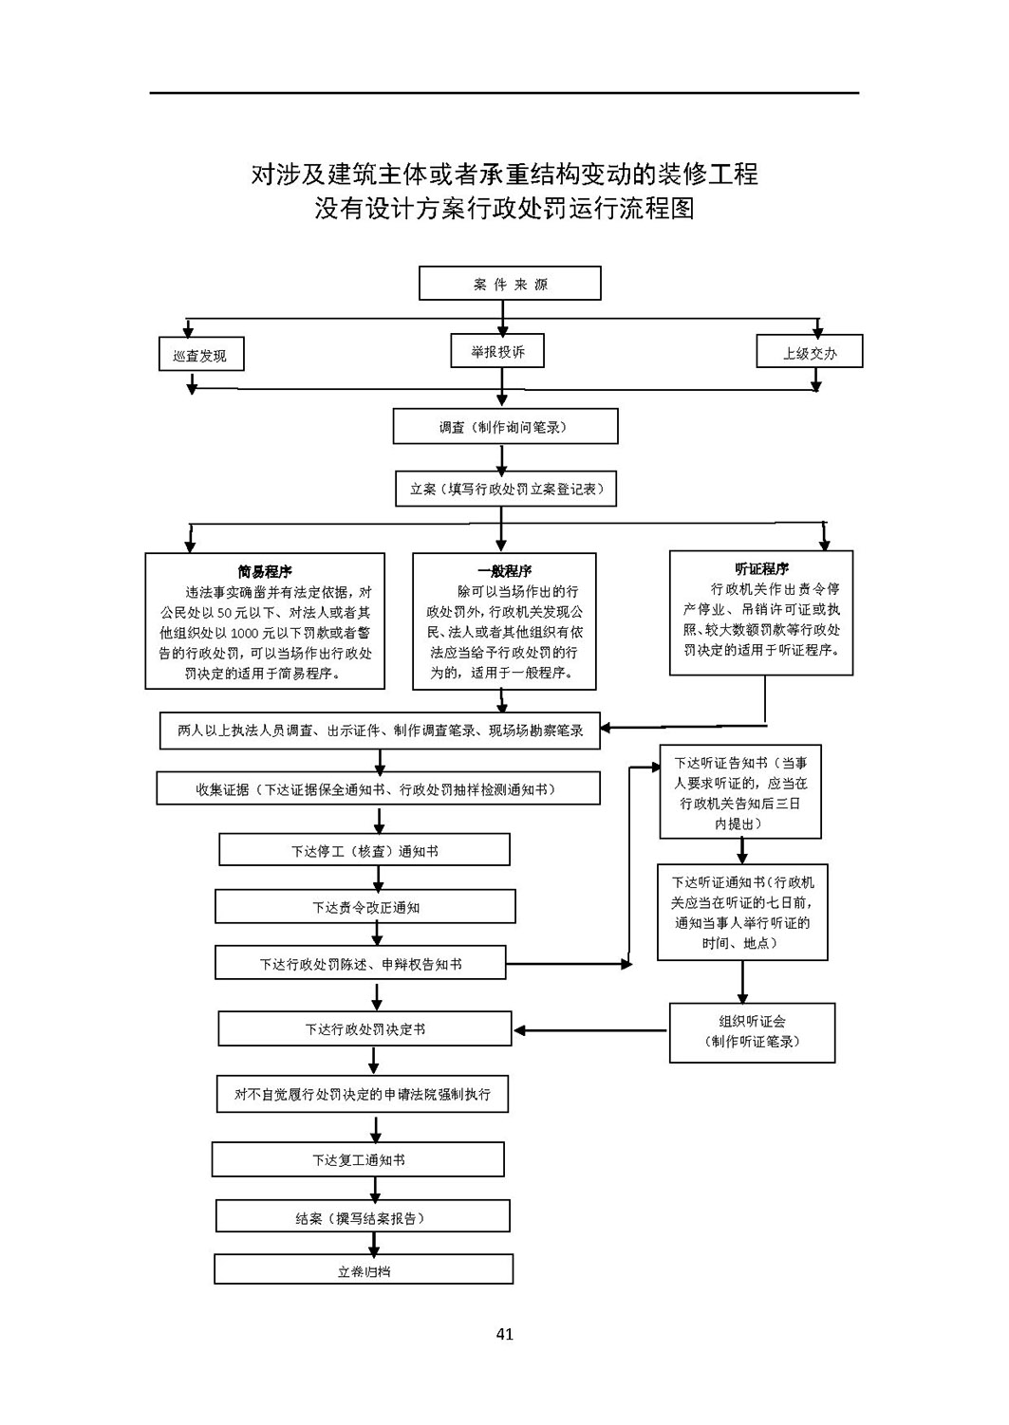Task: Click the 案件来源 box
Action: (x=510, y=283)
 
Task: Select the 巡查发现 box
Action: (x=201, y=354)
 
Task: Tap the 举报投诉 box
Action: (x=497, y=350)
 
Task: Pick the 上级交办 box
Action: (x=809, y=351)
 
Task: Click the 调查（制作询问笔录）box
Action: (x=505, y=426)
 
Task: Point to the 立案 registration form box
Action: (x=506, y=489)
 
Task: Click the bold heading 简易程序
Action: (x=265, y=571)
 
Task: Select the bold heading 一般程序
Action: (x=505, y=570)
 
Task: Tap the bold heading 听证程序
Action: (x=761, y=568)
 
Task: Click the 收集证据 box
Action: (x=378, y=788)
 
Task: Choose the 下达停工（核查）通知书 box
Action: (x=364, y=850)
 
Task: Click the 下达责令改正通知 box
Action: (x=364, y=907)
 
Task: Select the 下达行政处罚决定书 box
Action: (x=364, y=1028)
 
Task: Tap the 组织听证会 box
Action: (x=752, y=1033)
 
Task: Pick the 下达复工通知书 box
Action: (x=358, y=1159)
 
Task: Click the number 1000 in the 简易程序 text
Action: (x=245, y=633)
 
